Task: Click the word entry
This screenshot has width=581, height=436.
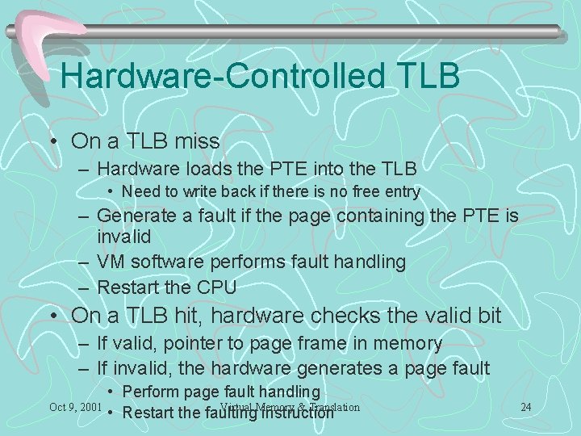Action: pyautogui.click(x=401, y=192)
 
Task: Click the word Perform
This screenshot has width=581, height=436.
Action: pyautogui.click(x=151, y=392)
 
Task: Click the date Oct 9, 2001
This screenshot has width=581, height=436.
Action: pyautogui.click(x=75, y=405)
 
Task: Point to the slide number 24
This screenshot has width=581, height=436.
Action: pyautogui.click(x=525, y=406)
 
